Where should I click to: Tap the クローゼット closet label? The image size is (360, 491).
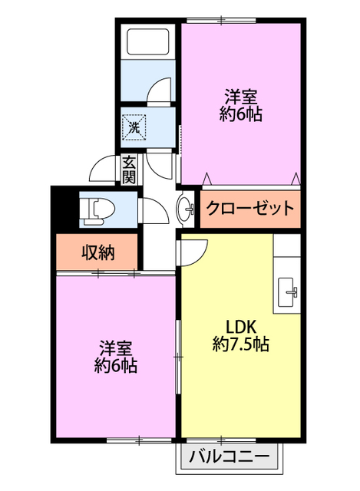click(x=249, y=208)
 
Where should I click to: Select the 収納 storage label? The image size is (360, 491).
click(x=97, y=252)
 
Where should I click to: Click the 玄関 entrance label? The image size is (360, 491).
click(x=128, y=169)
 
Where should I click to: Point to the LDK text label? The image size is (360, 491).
click(x=239, y=325)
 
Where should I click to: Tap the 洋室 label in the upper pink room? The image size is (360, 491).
click(x=240, y=97)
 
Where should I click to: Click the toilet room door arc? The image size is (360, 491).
click(x=150, y=209)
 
